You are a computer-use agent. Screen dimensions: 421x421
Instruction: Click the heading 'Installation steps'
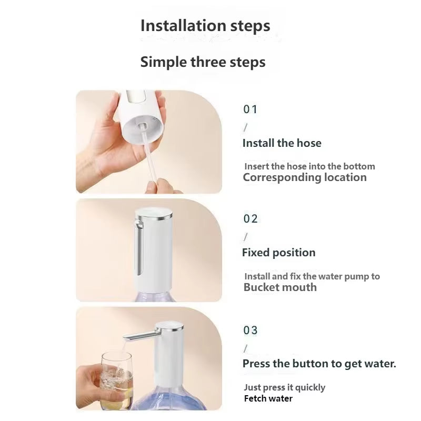tap(205, 26)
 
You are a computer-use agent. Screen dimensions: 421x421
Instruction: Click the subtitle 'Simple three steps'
tap(203, 62)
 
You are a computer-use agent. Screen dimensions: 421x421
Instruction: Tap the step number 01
tap(250, 109)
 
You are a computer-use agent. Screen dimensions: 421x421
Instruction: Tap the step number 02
tap(250, 219)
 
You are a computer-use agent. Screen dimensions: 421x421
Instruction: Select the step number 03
tap(250, 330)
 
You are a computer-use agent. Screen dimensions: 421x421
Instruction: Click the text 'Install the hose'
tap(282, 143)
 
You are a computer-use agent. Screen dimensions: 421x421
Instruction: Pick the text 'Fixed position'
tap(278, 253)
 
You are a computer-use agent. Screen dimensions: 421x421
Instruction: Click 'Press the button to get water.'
tap(319, 364)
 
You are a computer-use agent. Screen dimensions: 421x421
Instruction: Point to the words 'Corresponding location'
tap(304, 177)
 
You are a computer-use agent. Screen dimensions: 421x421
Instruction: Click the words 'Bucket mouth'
tap(280, 287)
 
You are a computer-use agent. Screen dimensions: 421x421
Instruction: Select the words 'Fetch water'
tap(268, 398)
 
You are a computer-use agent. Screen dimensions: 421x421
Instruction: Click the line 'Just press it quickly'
tap(284, 387)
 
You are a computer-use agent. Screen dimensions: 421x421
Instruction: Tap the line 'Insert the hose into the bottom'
tap(309, 166)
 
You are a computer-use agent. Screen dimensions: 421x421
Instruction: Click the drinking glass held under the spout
tap(116, 376)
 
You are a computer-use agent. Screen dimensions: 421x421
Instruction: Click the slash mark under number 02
tap(245, 237)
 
